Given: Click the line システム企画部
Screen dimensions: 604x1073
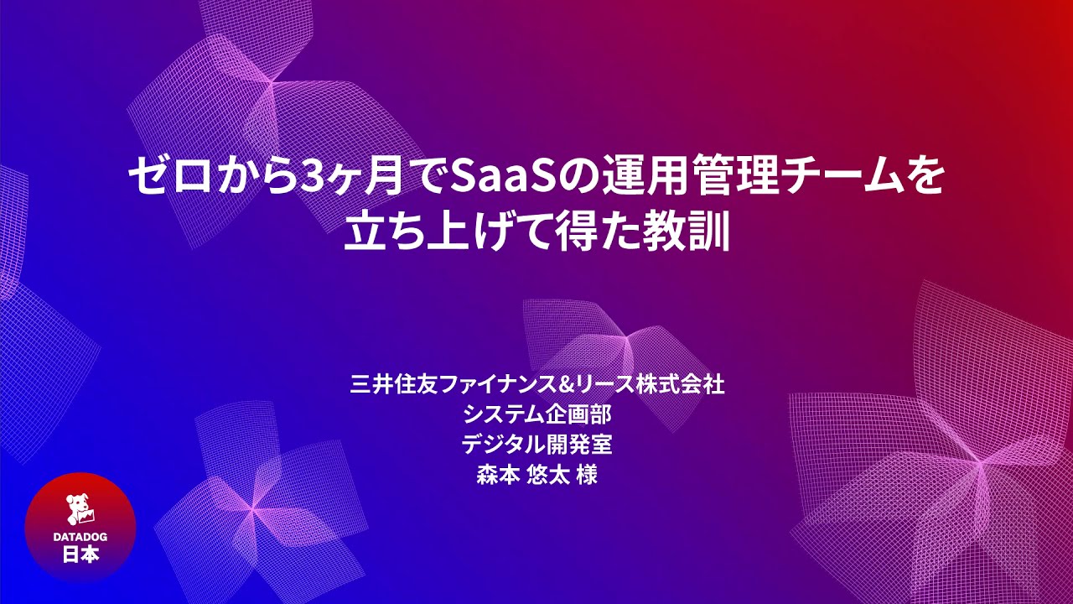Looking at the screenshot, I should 536,414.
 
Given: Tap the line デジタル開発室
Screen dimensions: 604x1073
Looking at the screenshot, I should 536,444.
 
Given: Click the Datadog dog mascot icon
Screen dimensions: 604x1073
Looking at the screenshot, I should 80,509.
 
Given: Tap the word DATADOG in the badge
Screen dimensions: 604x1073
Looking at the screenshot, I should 80,537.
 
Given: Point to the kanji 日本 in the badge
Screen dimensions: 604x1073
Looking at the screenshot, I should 80,555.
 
